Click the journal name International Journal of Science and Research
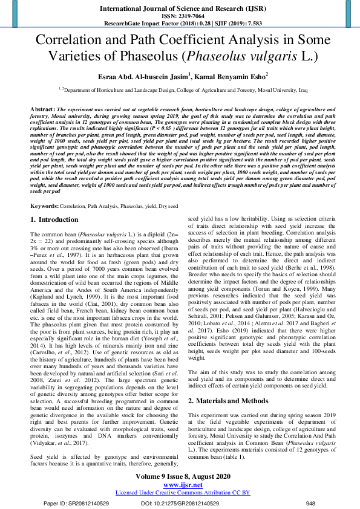pyautogui.click(x=180, y=10)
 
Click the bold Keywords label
pyautogui.click(x=45, y=206)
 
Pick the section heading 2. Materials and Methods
pyautogui.click(x=226, y=401)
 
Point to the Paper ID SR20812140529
pyautogui.click(x=76, y=503)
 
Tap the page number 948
pyautogui.click(x=310, y=503)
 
